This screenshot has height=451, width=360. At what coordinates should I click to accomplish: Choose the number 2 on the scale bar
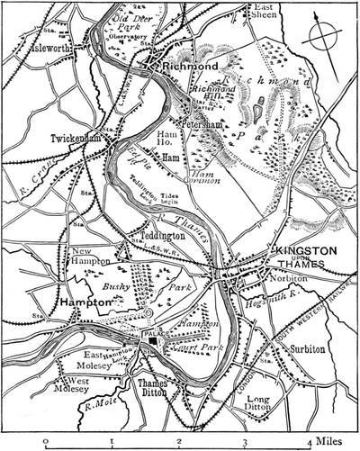click(178, 442)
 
